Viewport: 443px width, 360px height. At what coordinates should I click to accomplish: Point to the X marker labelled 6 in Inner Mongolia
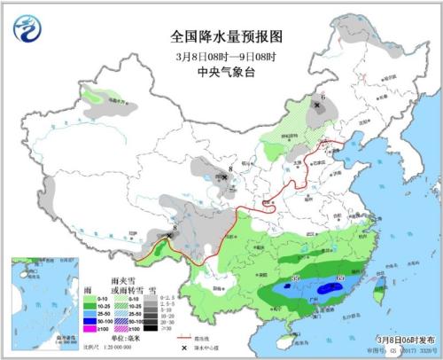click(316, 105)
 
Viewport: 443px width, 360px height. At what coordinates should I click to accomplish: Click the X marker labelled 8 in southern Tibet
click(167, 236)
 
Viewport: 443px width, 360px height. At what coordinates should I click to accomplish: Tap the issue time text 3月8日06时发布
click(391, 340)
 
